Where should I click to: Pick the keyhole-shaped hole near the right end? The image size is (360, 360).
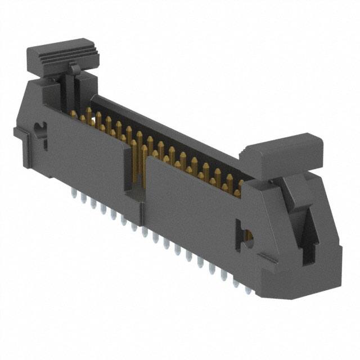pos(245,237)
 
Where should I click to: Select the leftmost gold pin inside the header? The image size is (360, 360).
pos(73,115)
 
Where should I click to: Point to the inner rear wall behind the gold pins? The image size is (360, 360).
pos(169,129)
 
